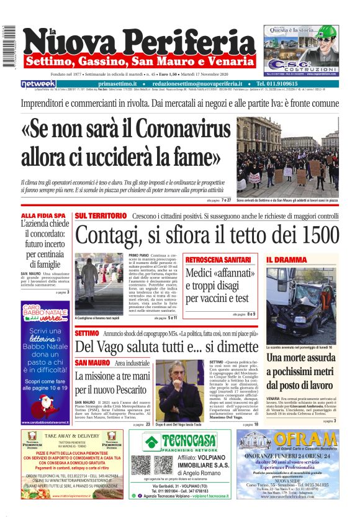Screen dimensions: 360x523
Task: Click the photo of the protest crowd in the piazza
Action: point(287,158)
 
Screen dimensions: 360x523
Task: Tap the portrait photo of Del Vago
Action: point(179,389)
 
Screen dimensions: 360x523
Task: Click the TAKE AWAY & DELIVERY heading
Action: point(72,436)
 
